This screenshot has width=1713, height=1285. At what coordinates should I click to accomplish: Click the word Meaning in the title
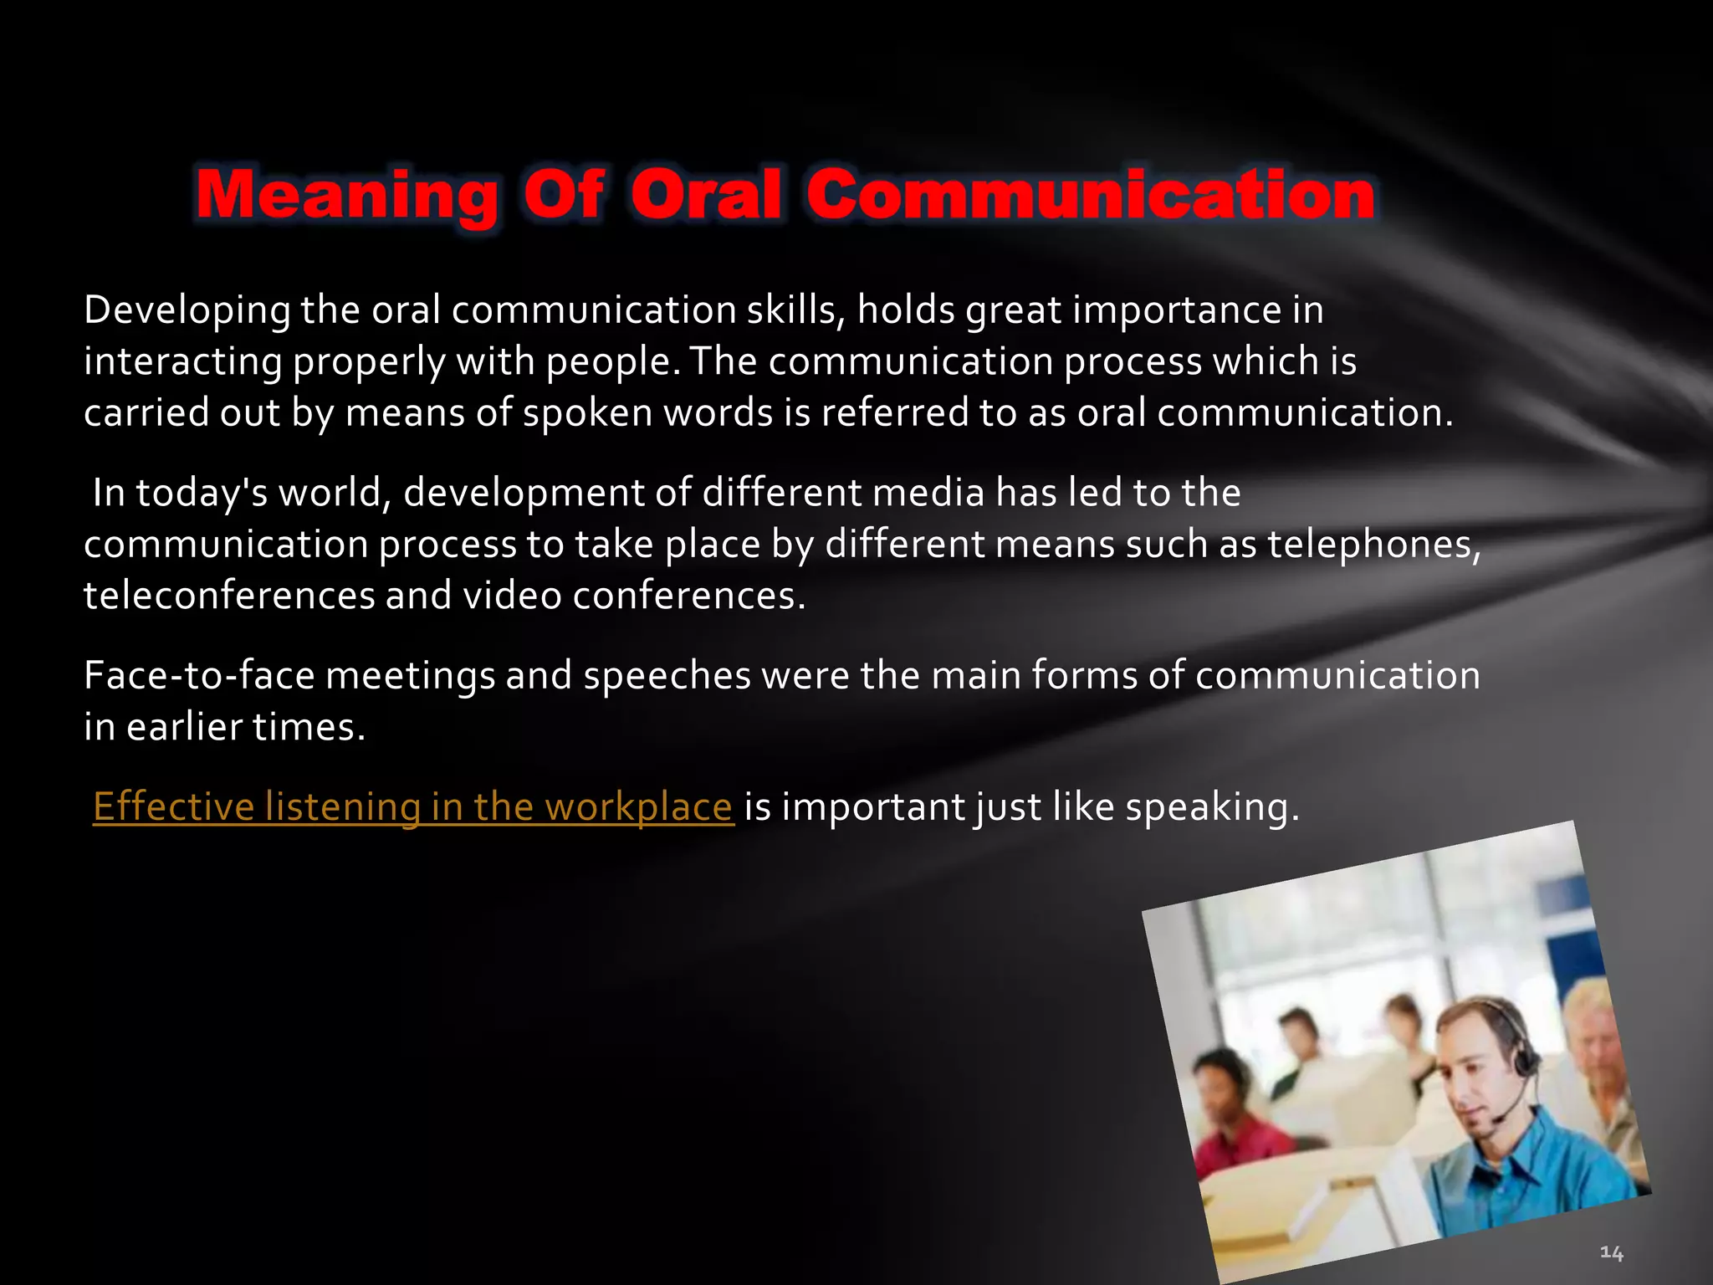[x=346, y=195]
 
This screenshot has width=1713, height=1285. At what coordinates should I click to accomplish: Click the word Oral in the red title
[x=706, y=195]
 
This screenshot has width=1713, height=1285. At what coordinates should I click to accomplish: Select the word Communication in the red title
[x=1090, y=195]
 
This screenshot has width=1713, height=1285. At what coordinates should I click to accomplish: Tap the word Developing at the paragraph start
[x=187, y=311]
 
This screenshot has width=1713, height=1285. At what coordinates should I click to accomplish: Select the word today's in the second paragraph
[x=201, y=493]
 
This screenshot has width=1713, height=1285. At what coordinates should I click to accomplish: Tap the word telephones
[x=1373, y=545]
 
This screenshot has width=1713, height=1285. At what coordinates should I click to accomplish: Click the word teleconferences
[x=228, y=596]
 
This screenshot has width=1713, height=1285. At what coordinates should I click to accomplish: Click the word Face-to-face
[x=199, y=676]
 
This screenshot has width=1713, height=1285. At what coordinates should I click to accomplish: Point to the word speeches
[x=667, y=676]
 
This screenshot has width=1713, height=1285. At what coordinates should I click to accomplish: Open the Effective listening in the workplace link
[x=412, y=807]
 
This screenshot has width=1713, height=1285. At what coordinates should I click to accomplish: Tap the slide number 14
[x=1611, y=1252]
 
